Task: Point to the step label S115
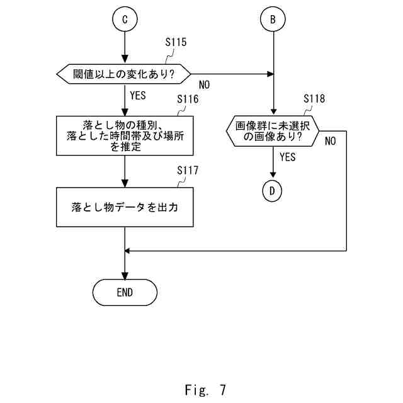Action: pyautogui.click(x=176, y=42)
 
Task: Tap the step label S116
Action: pyautogui.click(x=188, y=99)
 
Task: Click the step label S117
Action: pyautogui.click(x=188, y=171)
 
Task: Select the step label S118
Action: pyautogui.click(x=314, y=98)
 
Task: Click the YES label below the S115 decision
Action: pyautogui.click(x=138, y=95)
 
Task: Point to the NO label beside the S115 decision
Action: pyautogui.click(x=204, y=85)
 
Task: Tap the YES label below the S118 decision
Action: pyautogui.click(x=288, y=157)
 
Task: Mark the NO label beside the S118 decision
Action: pyautogui.click(x=331, y=141)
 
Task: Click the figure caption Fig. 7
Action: pyautogui.click(x=205, y=390)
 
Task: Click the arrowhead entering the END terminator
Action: pyautogui.click(x=125, y=276)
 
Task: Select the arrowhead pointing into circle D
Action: pyautogui.click(x=273, y=174)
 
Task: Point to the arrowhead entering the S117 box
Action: pyautogui.click(x=125, y=183)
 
